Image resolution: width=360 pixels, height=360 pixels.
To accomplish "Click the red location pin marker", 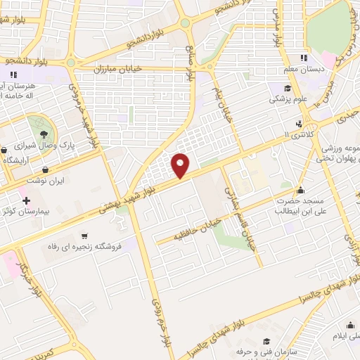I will point(181,165).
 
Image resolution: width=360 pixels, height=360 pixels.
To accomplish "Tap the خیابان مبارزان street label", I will point(122,70).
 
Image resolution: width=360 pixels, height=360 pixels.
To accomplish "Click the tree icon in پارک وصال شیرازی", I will point(44,131).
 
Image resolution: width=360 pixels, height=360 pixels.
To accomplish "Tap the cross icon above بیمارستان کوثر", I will point(27,200).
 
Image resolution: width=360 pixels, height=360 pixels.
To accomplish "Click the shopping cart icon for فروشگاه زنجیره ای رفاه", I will point(84,236).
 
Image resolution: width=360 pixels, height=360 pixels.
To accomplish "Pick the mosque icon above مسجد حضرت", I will point(301,189).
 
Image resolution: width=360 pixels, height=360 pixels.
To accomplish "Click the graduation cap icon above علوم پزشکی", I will point(288,88).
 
